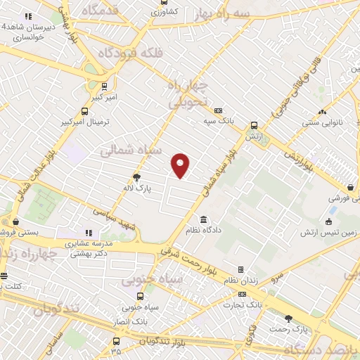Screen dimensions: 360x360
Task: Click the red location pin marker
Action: (181, 165)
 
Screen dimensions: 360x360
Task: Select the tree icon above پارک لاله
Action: (136, 178)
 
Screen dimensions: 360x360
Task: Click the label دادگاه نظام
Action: (203, 230)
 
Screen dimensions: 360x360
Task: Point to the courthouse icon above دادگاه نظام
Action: (203, 219)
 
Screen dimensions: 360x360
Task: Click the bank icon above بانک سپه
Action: (219, 110)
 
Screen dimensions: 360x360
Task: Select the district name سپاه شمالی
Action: (131, 150)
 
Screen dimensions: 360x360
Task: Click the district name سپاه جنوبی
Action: (153, 280)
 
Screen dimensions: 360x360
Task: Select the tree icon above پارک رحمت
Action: (288, 319)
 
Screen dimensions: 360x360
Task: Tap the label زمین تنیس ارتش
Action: (330, 232)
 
